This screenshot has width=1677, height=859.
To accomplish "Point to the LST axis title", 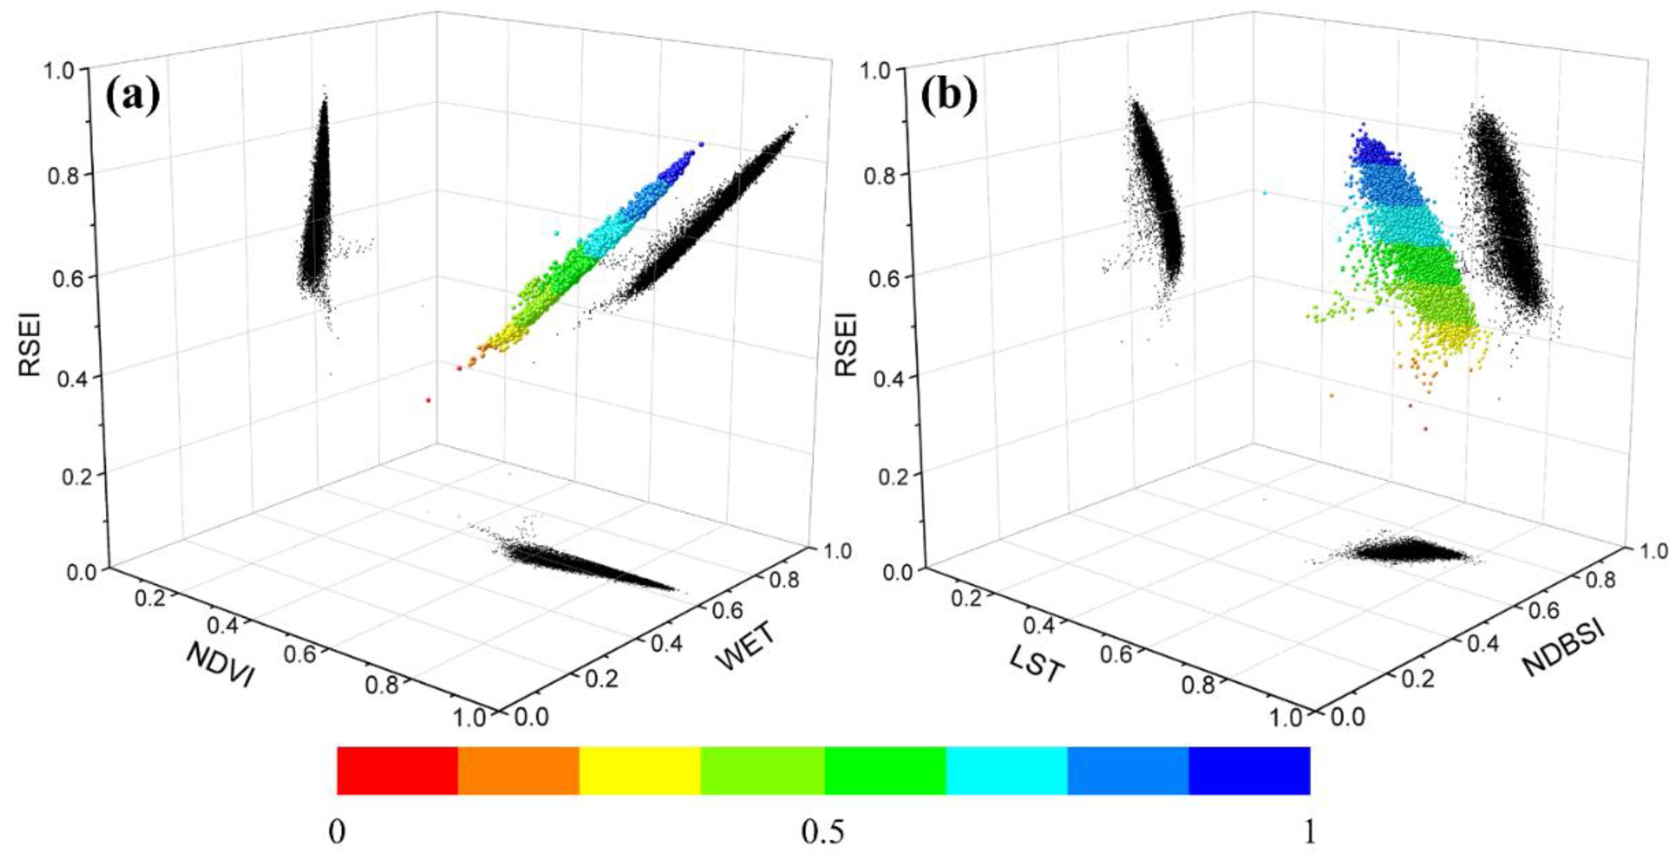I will click(x=1036, y=665).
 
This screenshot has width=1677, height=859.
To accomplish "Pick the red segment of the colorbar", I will click(x=397, y=771).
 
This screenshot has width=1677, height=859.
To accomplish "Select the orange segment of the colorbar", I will click(x=518, y=771).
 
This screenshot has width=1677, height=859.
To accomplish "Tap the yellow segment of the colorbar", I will click(x=640, y=771).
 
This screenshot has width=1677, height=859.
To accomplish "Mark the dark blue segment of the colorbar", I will click(x=1249, y=771).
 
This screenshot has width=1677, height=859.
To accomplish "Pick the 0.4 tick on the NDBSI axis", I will click(x=1480, y=643).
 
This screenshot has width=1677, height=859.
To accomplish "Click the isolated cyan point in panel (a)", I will click(x=557, y=232).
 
